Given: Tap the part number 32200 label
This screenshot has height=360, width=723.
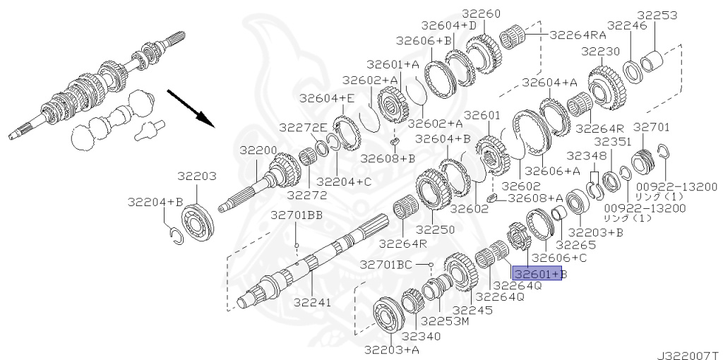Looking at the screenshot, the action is tap(258, 150).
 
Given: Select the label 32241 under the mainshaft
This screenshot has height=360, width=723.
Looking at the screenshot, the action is tap(313, 302).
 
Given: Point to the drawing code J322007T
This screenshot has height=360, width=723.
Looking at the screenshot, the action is tap(689, 355).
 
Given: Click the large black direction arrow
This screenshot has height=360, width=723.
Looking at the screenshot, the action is tap(191, 108).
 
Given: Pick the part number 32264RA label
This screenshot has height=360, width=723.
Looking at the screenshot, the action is tap(578, 35).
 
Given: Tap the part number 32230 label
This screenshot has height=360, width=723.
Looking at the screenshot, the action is tap(600, 51).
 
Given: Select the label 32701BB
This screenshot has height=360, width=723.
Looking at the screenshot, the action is tap(297, 215).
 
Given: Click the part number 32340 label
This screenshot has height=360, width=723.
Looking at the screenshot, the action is tap(421, 337).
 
